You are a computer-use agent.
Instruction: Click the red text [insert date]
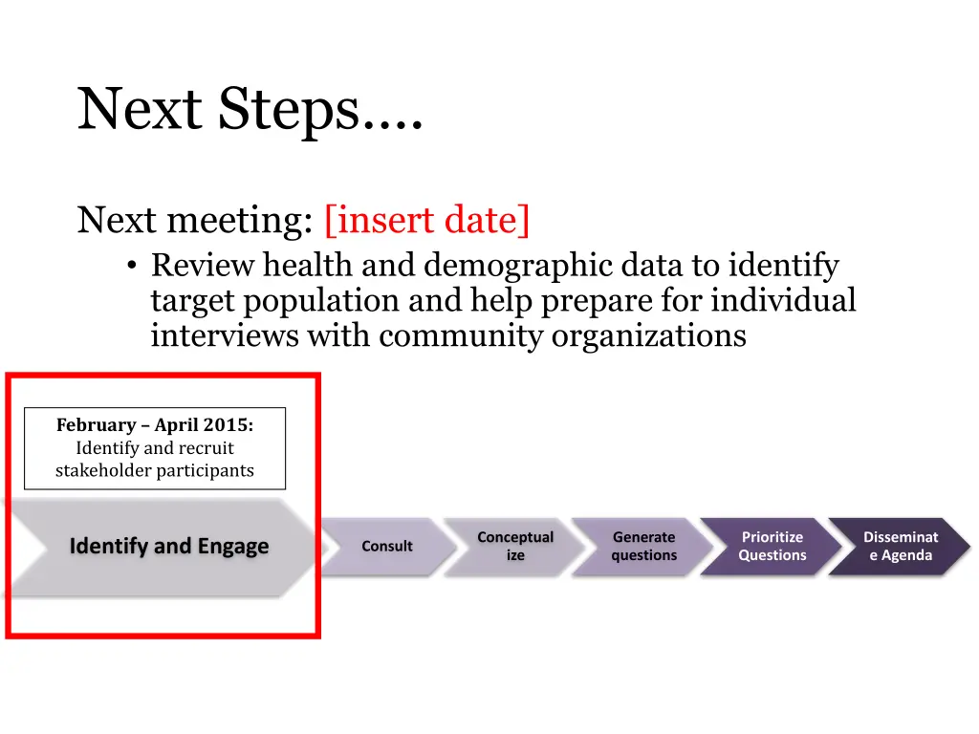426,220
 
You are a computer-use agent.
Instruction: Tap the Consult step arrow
387,547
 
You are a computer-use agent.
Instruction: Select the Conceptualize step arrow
515,547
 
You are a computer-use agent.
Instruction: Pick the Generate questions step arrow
643,547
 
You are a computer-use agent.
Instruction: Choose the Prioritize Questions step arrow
772,547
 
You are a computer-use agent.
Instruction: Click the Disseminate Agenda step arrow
900,547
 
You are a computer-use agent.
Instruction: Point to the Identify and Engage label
169,547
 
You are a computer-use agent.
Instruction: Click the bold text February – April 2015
155,424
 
